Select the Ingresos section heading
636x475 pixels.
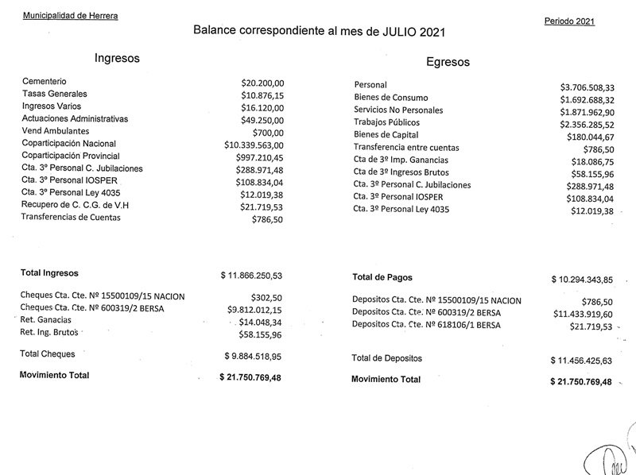(117, 58)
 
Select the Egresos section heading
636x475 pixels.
(448, 62)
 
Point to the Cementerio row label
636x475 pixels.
(45, 81)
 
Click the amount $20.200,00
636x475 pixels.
(262, 82)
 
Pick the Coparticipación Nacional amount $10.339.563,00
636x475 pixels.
(254, 145)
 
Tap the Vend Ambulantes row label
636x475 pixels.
(56, 130)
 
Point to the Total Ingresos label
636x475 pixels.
(52, 272)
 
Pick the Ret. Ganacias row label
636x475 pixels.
(48, 320)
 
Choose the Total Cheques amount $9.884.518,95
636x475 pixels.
(252, 356)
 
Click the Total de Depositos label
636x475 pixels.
(397, 359)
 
